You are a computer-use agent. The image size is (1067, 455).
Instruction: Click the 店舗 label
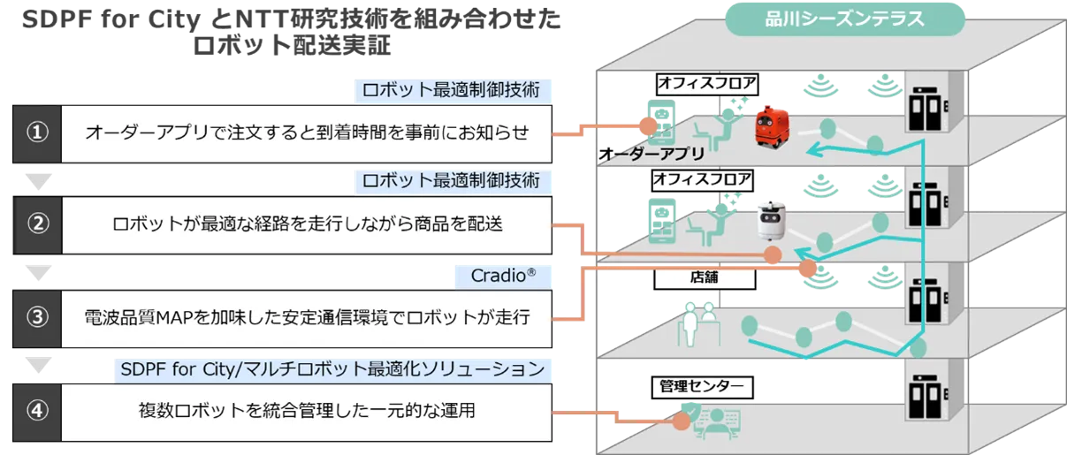704,277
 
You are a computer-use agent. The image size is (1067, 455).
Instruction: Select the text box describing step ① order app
307,133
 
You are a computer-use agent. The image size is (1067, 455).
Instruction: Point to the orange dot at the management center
680,422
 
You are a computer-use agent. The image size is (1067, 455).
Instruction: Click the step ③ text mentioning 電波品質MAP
307,317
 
